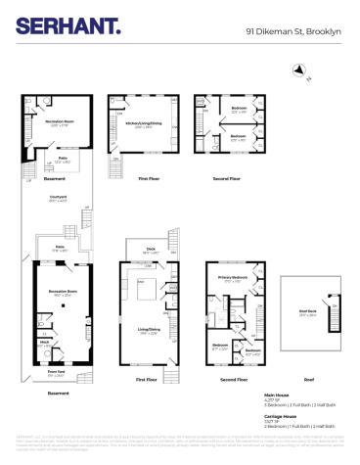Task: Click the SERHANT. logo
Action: coord(67,26)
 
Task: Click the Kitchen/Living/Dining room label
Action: coord(144,124)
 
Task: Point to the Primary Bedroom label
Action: coord(231,278)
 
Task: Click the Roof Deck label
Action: coord(307,312)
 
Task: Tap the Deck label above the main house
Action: coord(151,249)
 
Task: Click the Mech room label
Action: coord(43,343)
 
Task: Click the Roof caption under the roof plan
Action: coord(308,378)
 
